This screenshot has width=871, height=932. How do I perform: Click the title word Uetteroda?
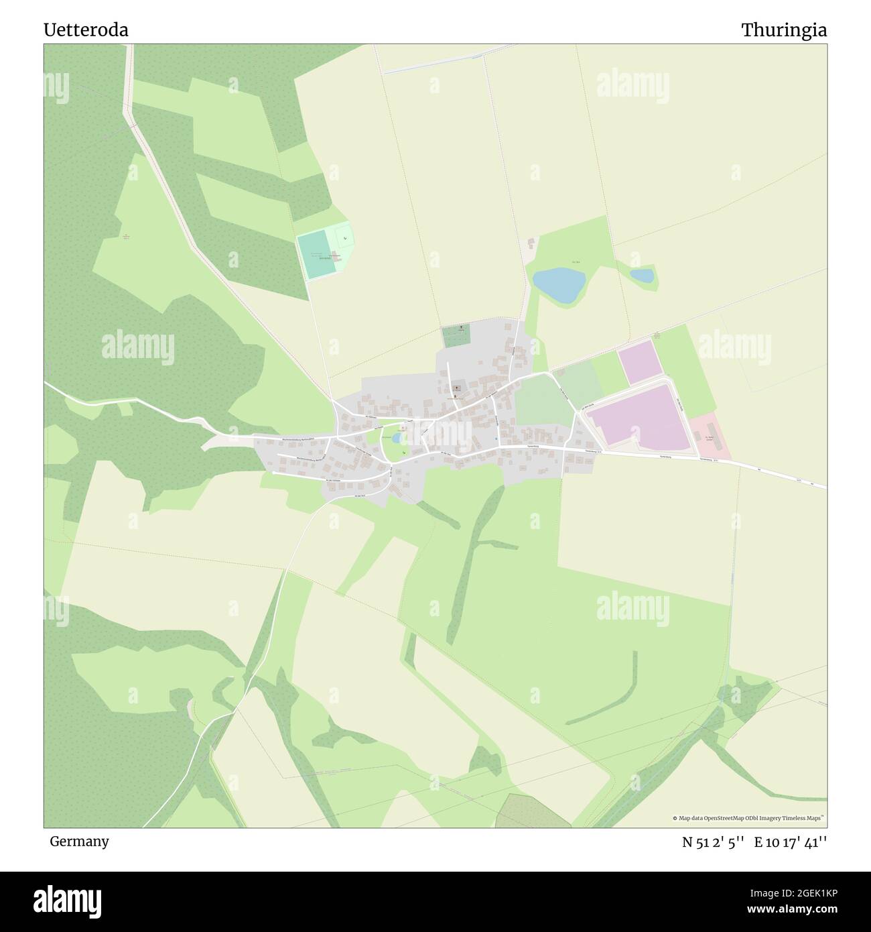click(x=86, y=30)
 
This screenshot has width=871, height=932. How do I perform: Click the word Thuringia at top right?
click(x=783, y=30)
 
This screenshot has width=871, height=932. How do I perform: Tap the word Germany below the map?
click(x=79, y=841)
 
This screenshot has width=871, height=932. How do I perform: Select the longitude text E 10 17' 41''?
click(x=790, y=842)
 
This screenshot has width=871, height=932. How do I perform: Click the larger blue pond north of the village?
click(x=558, y=284)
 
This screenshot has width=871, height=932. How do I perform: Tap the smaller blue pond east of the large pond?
click(x=642, y=276)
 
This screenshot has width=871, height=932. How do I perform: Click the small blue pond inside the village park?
click(x=397, y=438)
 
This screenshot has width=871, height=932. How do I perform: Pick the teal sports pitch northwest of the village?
click(x=316, y=255)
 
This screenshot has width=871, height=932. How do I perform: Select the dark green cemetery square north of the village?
click(x=456, y=335)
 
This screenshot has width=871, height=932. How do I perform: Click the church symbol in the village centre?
click(x=458, y=388)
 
